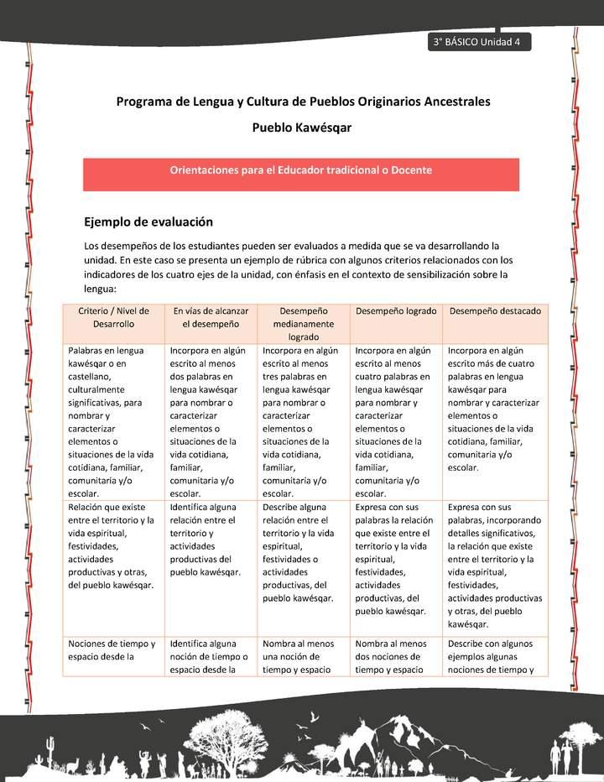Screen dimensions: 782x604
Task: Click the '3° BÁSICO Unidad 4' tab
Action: (477, 43)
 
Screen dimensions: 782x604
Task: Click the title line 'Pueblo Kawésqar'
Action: (301, 128)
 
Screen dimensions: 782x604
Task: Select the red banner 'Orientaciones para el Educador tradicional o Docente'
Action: (301, 170)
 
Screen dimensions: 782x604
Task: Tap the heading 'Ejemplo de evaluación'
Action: (148, 222)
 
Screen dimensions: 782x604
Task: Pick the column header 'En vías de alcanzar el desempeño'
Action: (211, 317)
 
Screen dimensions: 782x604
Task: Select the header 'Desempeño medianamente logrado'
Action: (304, 323)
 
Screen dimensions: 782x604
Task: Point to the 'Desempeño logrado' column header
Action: (396, 311)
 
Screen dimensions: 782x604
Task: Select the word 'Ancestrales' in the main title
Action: (450, 102)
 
